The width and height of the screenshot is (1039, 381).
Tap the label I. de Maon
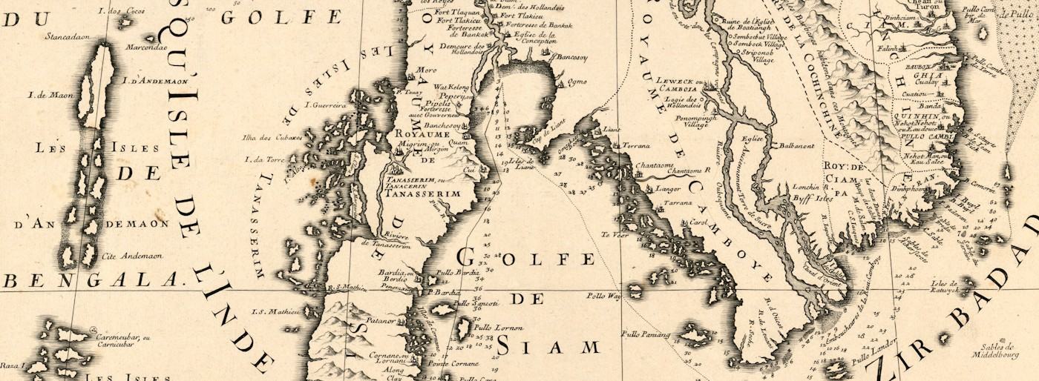click(44, 95)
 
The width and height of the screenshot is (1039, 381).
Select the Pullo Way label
click(603, 295)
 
